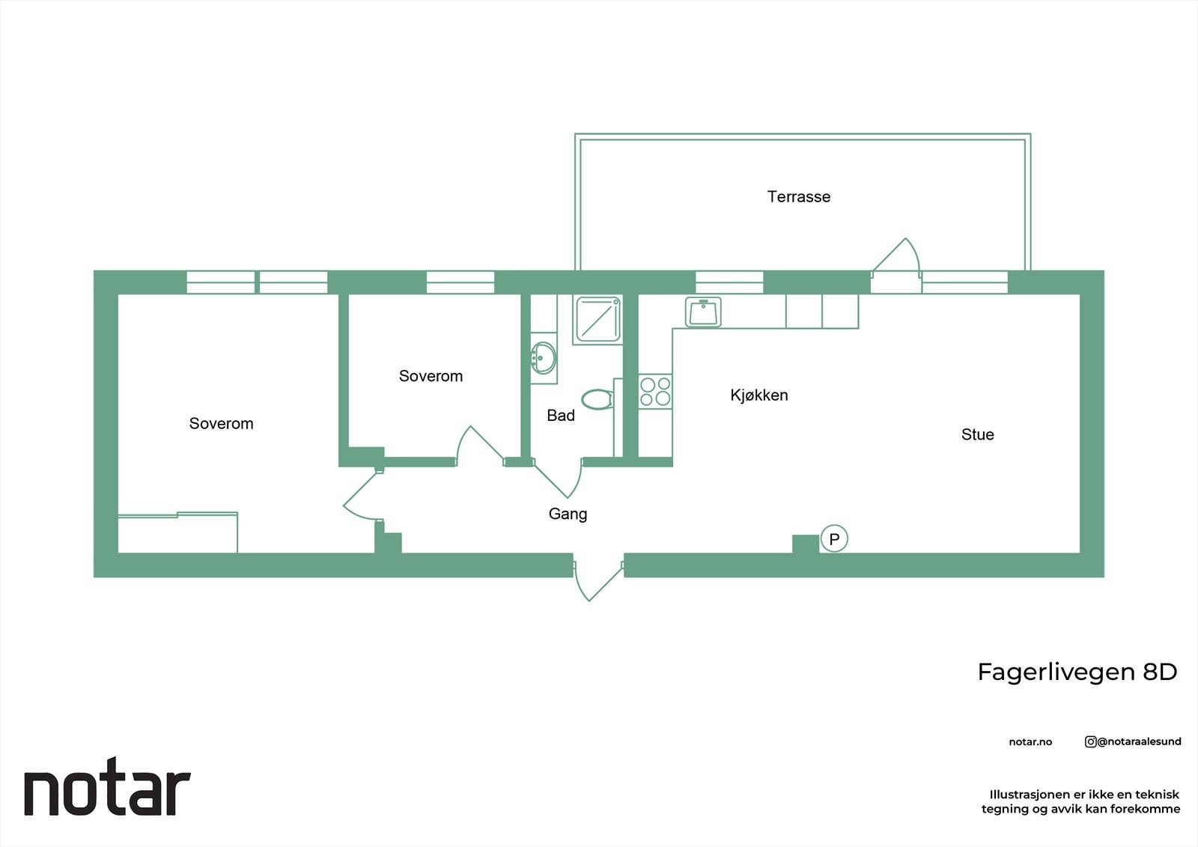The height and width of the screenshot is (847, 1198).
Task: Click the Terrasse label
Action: click(799, 197)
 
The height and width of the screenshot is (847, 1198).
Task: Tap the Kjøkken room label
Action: click(759, 395)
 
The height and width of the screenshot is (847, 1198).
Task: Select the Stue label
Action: click(977, 435)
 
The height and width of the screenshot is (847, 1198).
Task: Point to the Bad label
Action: click(561, 416)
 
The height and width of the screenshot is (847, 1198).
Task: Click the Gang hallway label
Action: click(568, 514)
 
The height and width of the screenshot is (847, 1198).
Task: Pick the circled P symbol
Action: click(834, 538)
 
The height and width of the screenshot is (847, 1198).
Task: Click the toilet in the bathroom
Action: click(597, 400)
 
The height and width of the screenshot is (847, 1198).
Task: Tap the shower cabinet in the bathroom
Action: click(598, 320)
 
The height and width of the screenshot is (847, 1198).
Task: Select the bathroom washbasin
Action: click(543, 358)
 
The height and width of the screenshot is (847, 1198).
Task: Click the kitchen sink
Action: click(703, 312)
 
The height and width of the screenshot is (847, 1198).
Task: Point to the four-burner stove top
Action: click(655, 392)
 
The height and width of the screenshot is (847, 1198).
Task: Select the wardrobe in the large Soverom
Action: click(178, 533)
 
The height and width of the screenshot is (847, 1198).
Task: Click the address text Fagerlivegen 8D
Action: click(1077, 673)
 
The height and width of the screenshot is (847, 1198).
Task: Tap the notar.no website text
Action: click(1030, 742)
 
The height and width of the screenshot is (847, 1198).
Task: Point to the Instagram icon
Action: click(1090, 742)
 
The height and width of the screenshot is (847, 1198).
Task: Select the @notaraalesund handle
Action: click(1139, 742)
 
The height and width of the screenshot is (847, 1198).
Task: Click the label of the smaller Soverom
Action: click(431, 377)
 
